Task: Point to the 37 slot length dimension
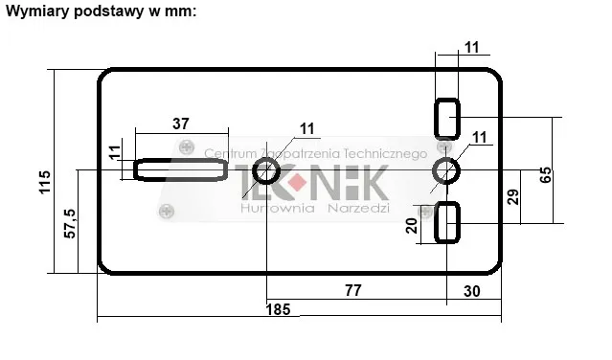(x=181, y=123)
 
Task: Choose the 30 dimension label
(x=472, y=288)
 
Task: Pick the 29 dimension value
(x=513, y=198)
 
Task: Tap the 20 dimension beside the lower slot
(x=411, y=225)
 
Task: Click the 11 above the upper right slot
(x=471, y=46)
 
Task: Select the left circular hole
(x=266, y=172)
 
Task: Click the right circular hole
(x=446, y=172)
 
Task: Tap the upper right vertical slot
(x=447, y=118)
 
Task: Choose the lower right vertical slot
(x=447, y=223)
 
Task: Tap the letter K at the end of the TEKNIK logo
(x=371, y=181)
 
